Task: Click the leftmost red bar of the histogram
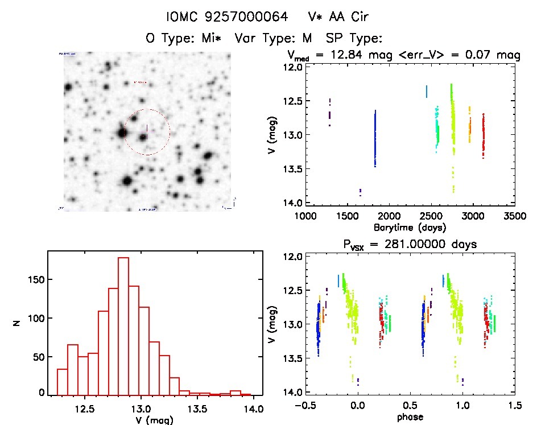click(x=62, y=381)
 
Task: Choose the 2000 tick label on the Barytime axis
click(x=389, y=216)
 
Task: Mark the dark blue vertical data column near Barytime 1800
click(x=375, y=138)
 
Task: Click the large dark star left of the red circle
click(x=122, y=133)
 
